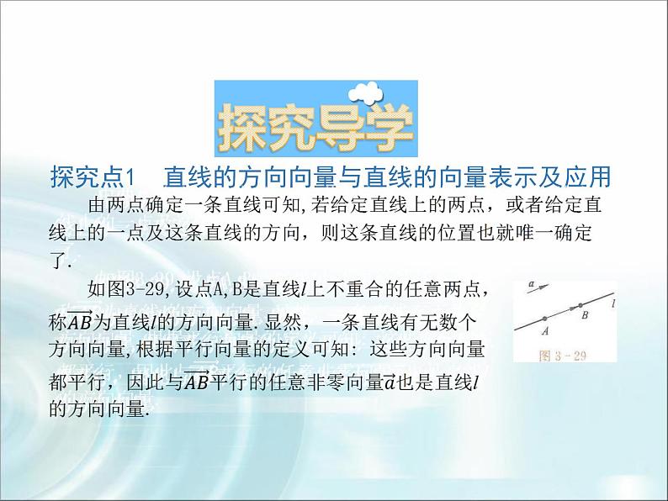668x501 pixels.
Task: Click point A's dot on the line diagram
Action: (545, 318)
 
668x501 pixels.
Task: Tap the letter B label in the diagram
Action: (585, 316)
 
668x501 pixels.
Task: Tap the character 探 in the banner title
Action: (245, 129)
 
